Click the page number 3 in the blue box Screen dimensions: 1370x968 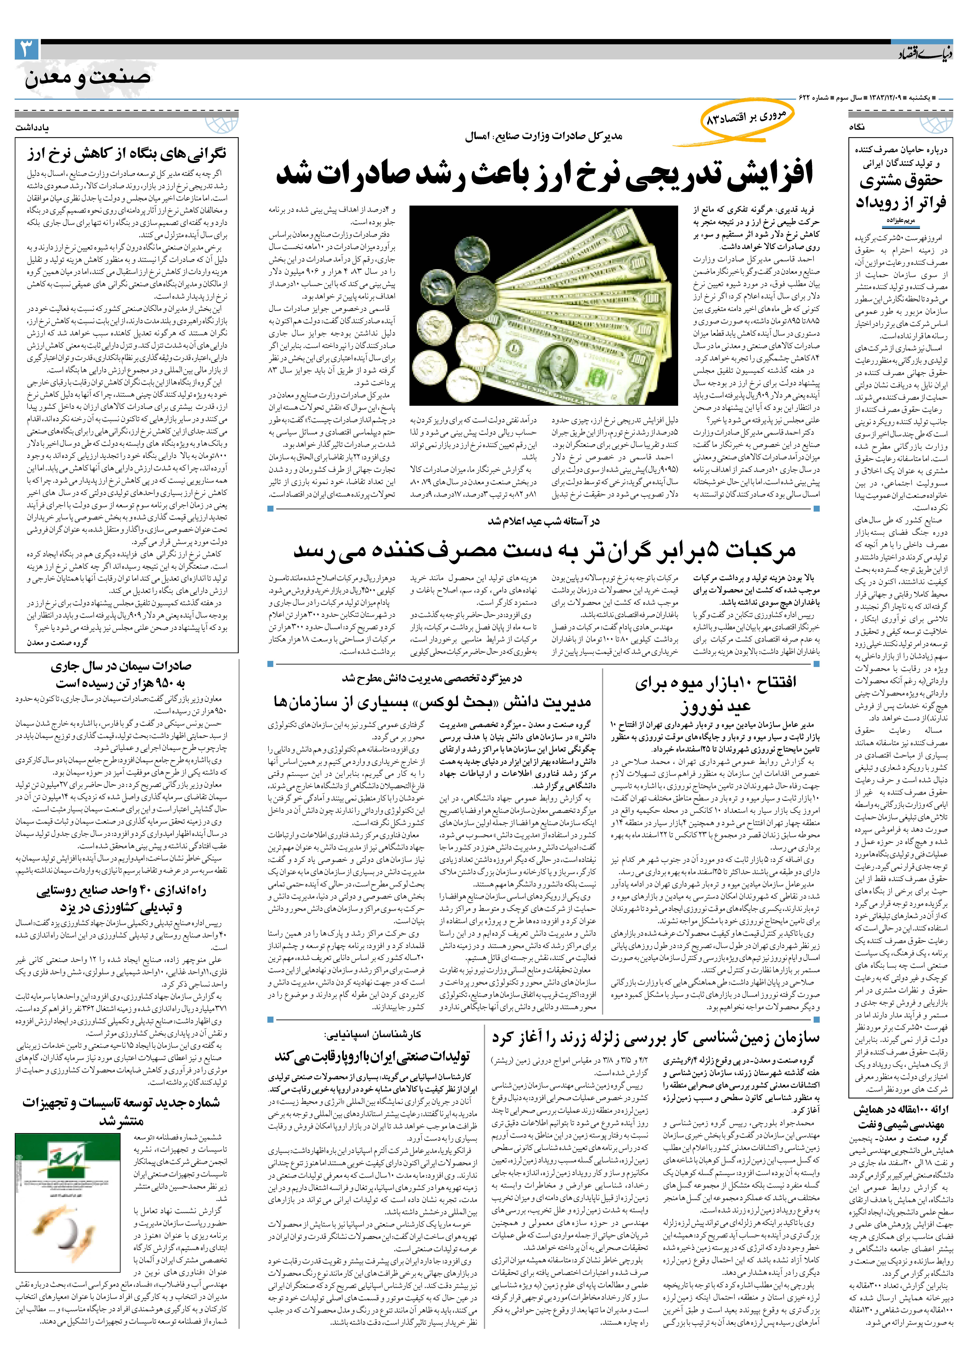point(27,49)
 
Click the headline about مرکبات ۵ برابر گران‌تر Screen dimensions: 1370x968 point(544,550)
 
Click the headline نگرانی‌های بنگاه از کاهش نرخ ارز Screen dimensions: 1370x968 point(126,154)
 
